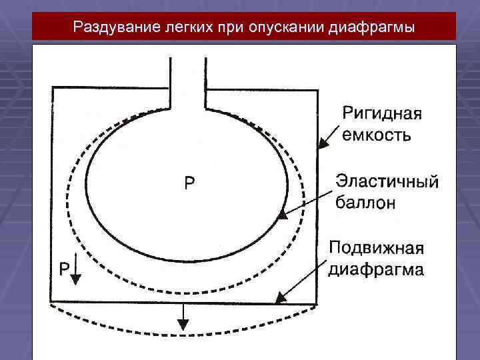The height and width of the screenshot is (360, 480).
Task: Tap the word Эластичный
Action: pos(387,181)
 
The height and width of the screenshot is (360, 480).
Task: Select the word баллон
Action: pos(365,202)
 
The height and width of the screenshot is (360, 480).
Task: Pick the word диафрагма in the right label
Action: pos(376,270)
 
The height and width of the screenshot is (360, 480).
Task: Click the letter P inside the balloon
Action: pos(190,183)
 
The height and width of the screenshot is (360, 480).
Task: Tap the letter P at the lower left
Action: pos(63,268)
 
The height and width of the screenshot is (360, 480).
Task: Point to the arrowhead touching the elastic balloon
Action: pos(283,215)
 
